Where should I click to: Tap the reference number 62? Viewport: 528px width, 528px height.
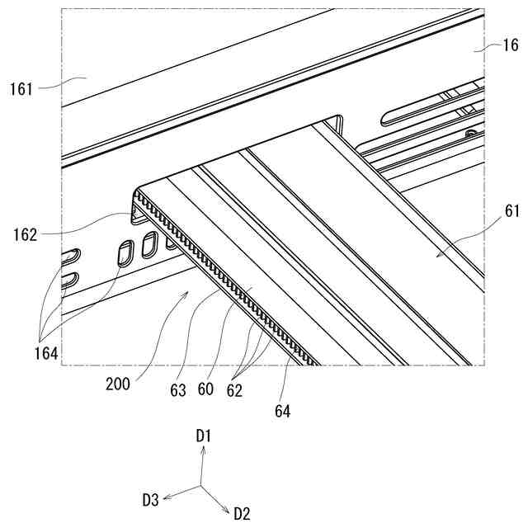[x=234, y=390]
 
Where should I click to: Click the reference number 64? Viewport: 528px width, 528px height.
[x=281, y=409]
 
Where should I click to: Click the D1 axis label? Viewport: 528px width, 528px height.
[x=205, y=435]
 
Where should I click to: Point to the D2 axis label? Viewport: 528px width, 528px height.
[x=242, y=514]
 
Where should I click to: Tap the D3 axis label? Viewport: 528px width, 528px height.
[x=150, y=499]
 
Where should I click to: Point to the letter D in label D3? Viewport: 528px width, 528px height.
[x=146, y=499]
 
